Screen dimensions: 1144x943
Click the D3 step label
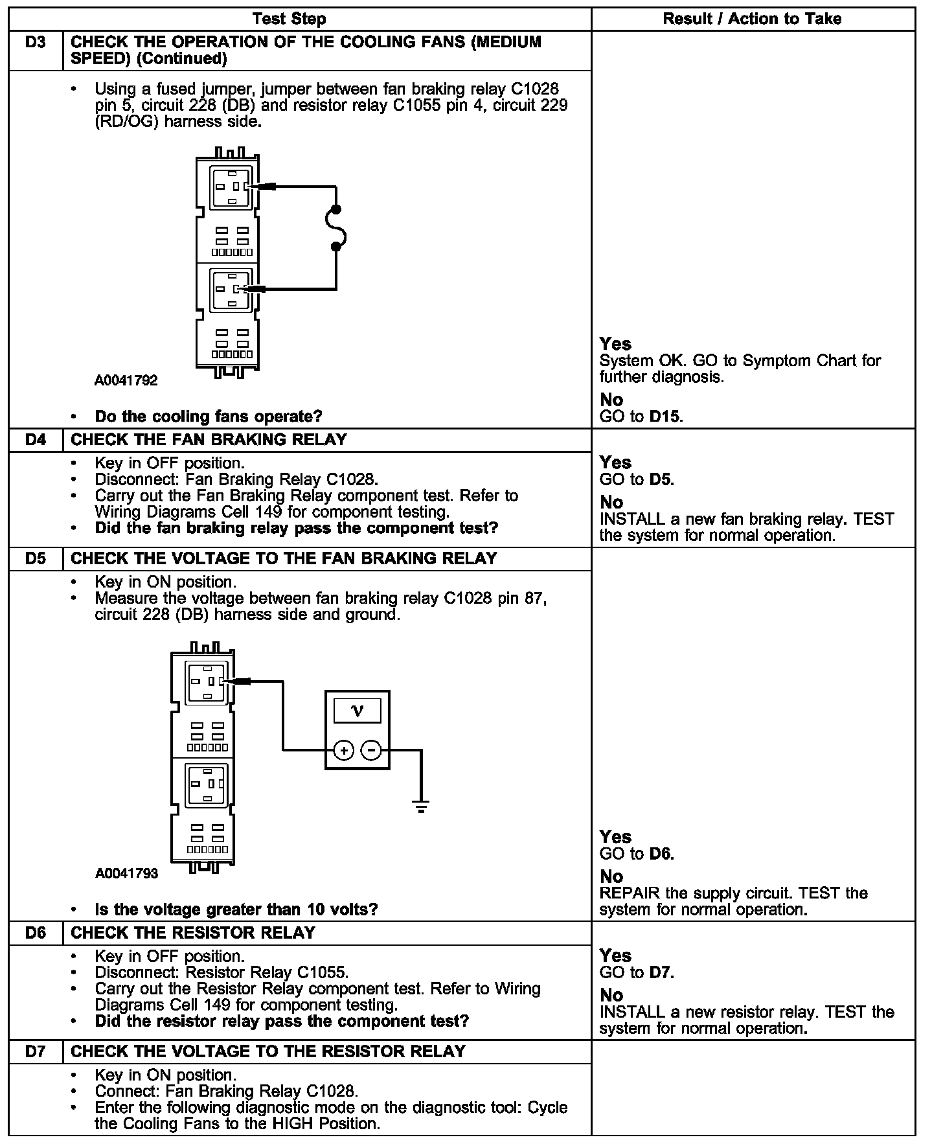point(36,43)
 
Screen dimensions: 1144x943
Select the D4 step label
point(36,440)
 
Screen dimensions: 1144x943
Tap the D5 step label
point(36,558)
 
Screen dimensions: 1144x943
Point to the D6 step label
point(36,933)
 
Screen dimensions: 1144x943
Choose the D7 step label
point(36,1051)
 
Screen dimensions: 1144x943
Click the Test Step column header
point(289,19)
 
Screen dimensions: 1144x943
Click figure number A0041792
point(126,380)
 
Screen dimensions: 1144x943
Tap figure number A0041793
point(126,873)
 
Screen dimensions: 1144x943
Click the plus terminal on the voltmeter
point(343,751)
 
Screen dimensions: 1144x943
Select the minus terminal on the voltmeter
point(371,751)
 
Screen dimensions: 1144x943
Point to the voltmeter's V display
point(357,711)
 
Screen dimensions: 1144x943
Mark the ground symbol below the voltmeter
point(421,807)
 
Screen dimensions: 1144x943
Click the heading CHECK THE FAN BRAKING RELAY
point(209,440)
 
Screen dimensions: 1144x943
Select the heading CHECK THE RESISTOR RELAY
point(193,933)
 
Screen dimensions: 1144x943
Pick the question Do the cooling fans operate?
point(209,417)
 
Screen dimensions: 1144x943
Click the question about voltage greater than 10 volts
point(236,909)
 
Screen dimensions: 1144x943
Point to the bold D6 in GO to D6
point(661,854)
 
